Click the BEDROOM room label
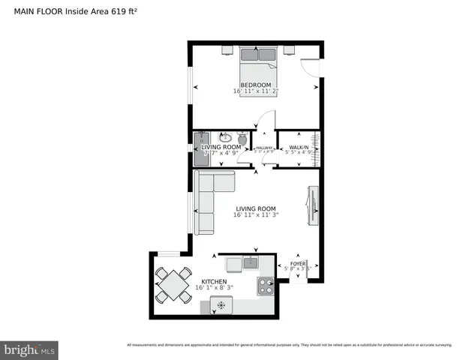[x=255, y=85]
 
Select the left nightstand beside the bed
[x=227, y=50]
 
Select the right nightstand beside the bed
[x=288, y=50]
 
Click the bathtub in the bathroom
[x=200, y=148]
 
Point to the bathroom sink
[x=224, y=137]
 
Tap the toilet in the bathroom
[x=242, y=139]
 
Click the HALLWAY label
[x=263, y=148]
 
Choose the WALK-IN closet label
[x=298, y=148]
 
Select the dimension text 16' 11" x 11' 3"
[x=256, y=216]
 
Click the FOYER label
[x=298, y=264]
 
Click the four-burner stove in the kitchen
[x=265, y=285]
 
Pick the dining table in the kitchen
[x=173, y=285]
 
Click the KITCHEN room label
[x=213, y=281]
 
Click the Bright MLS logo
[x=30, y=349]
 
